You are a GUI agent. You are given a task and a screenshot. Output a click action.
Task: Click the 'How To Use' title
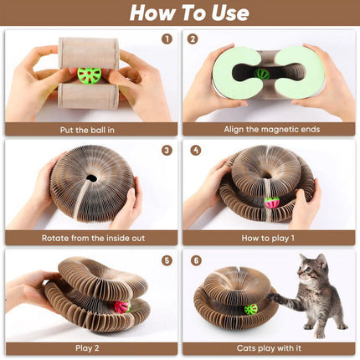click(x=179, y=13)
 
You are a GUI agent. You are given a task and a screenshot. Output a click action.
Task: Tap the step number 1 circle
click(x=167, y=39)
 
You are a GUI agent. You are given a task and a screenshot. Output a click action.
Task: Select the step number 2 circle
click(x=193, y=39)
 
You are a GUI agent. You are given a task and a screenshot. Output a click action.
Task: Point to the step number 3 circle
click(x=167, y=151)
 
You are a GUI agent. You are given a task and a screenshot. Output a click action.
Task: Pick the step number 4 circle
click(x=195, y=151)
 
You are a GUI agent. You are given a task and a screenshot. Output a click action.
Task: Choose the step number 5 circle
click(x=167, y=260)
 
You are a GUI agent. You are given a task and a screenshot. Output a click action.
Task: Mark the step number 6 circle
click(x=195, y=260)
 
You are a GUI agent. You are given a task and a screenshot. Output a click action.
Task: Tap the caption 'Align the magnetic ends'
click(x=268, y=129)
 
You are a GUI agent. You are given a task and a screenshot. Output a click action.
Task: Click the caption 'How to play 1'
click(x=268, y=238)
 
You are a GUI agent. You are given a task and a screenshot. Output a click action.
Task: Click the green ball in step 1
click(x=89, y=75)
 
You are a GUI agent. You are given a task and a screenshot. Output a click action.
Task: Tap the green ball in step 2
click(x=263, y=74)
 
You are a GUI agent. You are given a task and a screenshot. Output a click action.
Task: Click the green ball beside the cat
click(x=251, y=309)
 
